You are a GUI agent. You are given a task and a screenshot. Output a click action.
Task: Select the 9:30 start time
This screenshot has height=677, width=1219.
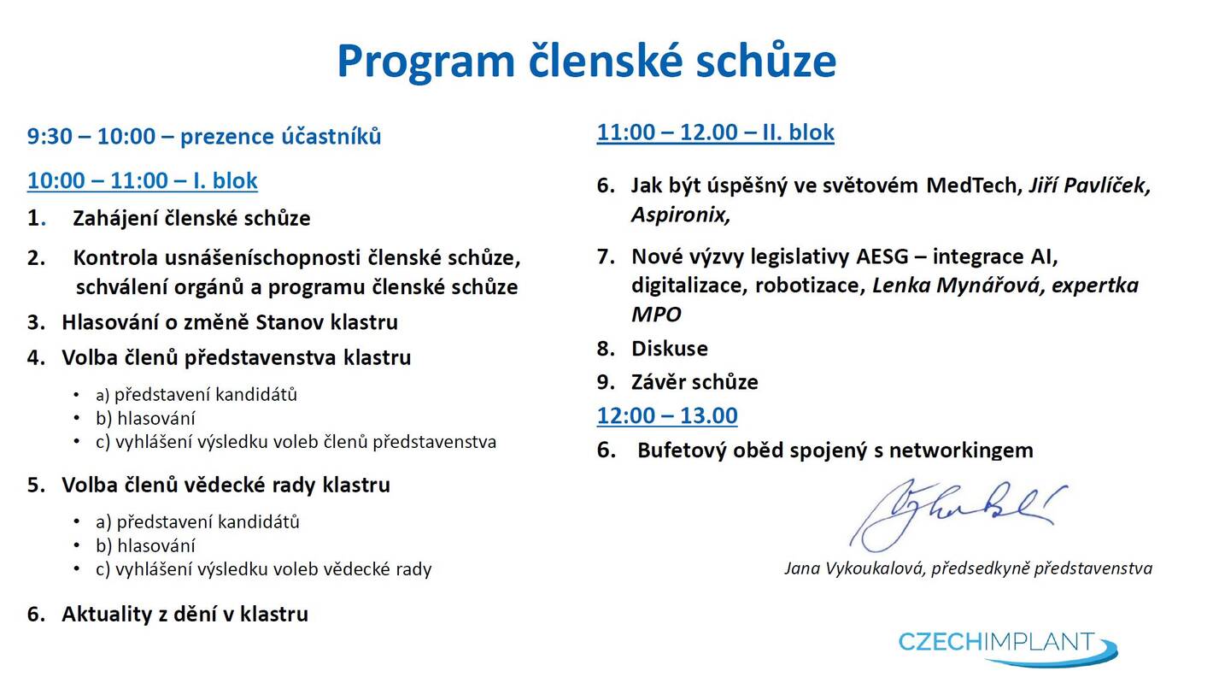click(x=50, y=136)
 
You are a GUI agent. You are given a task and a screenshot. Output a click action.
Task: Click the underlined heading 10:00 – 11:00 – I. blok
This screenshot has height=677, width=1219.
click(x=142, y=181)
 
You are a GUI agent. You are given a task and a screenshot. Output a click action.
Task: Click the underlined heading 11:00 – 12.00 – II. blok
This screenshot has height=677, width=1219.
click(x=715, y=132)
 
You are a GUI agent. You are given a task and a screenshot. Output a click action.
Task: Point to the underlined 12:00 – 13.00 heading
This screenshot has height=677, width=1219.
click(x=667, y=415)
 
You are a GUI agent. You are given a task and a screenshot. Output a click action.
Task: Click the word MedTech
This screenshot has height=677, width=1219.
click(x=971, y=185)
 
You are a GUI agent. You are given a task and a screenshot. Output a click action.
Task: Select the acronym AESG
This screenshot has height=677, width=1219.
click(x=882, y=256)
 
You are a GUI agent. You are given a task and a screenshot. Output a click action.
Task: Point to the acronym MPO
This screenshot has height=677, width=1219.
click(x=656, y=315)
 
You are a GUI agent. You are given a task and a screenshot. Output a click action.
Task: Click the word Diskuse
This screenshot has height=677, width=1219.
click(x=670, y=349)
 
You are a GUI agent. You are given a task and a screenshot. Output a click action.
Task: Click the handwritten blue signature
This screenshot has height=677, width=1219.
click(x=958, y=515)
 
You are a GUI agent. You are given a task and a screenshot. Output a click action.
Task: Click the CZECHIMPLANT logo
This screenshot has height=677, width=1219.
click(x=1007, y=648)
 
